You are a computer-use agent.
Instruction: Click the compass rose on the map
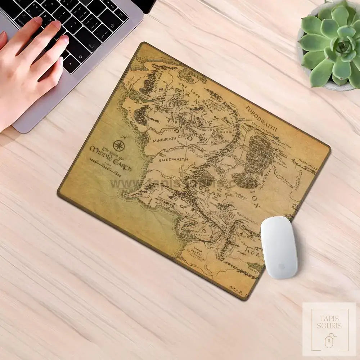pos(118,145)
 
